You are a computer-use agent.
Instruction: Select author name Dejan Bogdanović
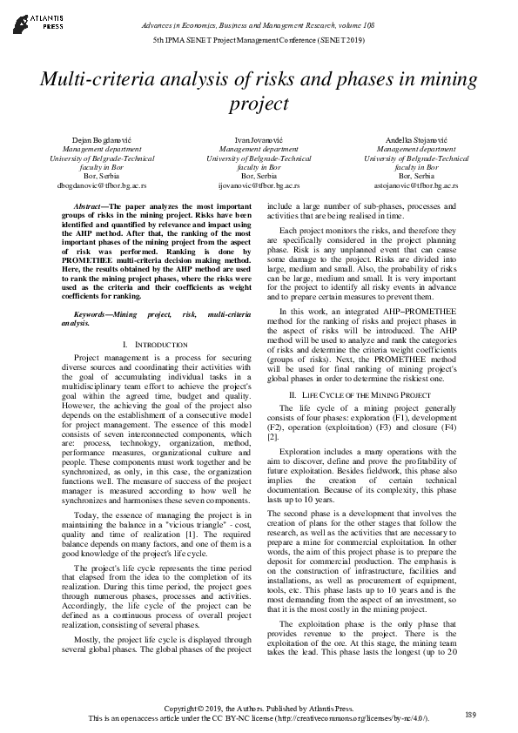point(97,140)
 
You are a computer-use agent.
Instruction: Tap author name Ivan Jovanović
point(258,140)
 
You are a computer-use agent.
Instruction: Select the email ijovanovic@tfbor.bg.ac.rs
point(258,185)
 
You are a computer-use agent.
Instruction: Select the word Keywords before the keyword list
point(93,311)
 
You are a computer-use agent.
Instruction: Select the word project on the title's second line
point(259,104)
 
